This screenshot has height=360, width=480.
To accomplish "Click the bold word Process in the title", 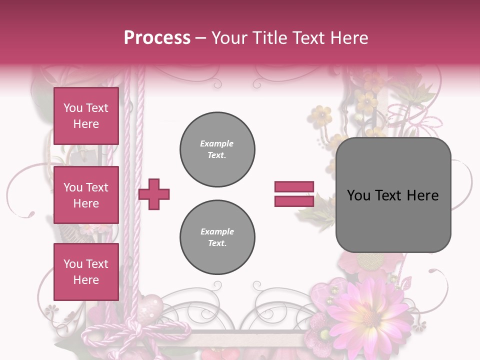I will (x=157, y=37).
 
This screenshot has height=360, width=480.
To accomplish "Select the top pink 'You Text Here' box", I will (x=86, y=116).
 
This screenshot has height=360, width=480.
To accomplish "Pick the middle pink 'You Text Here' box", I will (x=86, y=195).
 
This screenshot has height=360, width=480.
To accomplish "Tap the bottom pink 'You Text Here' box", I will (x=86, y=271).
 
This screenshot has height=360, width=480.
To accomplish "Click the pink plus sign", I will (x=154, y=194).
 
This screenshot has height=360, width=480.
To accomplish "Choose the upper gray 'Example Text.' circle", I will (x=217, y=149).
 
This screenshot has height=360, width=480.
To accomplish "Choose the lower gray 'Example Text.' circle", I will (x=217, y=237).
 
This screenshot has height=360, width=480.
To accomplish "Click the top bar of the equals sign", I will (x=294, y=187).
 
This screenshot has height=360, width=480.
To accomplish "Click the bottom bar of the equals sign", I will (x=294, y=201).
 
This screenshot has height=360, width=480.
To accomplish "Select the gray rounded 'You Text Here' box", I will (x=393, y=195).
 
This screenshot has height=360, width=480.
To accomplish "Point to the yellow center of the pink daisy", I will (x=370, y=315).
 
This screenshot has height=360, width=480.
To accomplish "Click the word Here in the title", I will (x=350, y=38).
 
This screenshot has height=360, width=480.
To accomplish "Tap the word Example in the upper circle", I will (x=216, y=143).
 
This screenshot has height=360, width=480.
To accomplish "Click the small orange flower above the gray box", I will (x=320, y=115).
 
